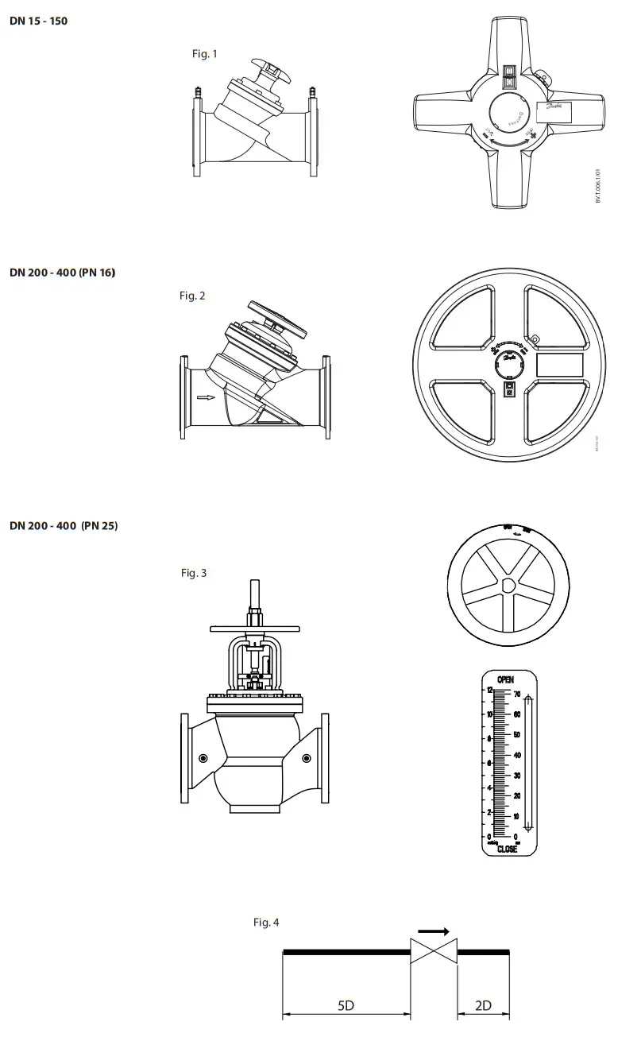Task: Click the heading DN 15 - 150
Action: pyautogui.click(x=38, y=21)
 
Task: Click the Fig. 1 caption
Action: pyautogui.click(x=204, y=54)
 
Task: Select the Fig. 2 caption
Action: pyautogui.click(x=192, y=296)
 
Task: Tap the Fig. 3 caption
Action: pyautogui.click(x=193, y=573)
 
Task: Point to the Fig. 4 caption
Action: pyautogui.click(x=266, y=923)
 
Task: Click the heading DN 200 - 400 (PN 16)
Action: pyautogui.click(x=63, y=273)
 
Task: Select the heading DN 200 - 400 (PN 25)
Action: pyautogui.click(x=64, y=526)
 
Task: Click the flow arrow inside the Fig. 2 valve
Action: pyautogui.click(x=206, y=398)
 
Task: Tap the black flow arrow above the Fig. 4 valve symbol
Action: pyautogui.click(x=434, y=931)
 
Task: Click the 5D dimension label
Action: pyautogui.click(x=346, y=1005)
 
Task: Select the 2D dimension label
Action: pyautogui.click(x=483, y=1005)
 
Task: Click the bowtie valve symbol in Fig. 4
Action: pyautogui.click(x=434, y=951)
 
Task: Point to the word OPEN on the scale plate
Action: pyautogui.click(x=505, y=679)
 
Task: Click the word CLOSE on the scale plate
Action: pyautogui.click(x=507, y=849)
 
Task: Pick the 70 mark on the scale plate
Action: pyautogui.click(x=516, y=695)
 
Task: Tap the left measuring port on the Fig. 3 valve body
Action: pyautogui.click(x=203, y=759)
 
